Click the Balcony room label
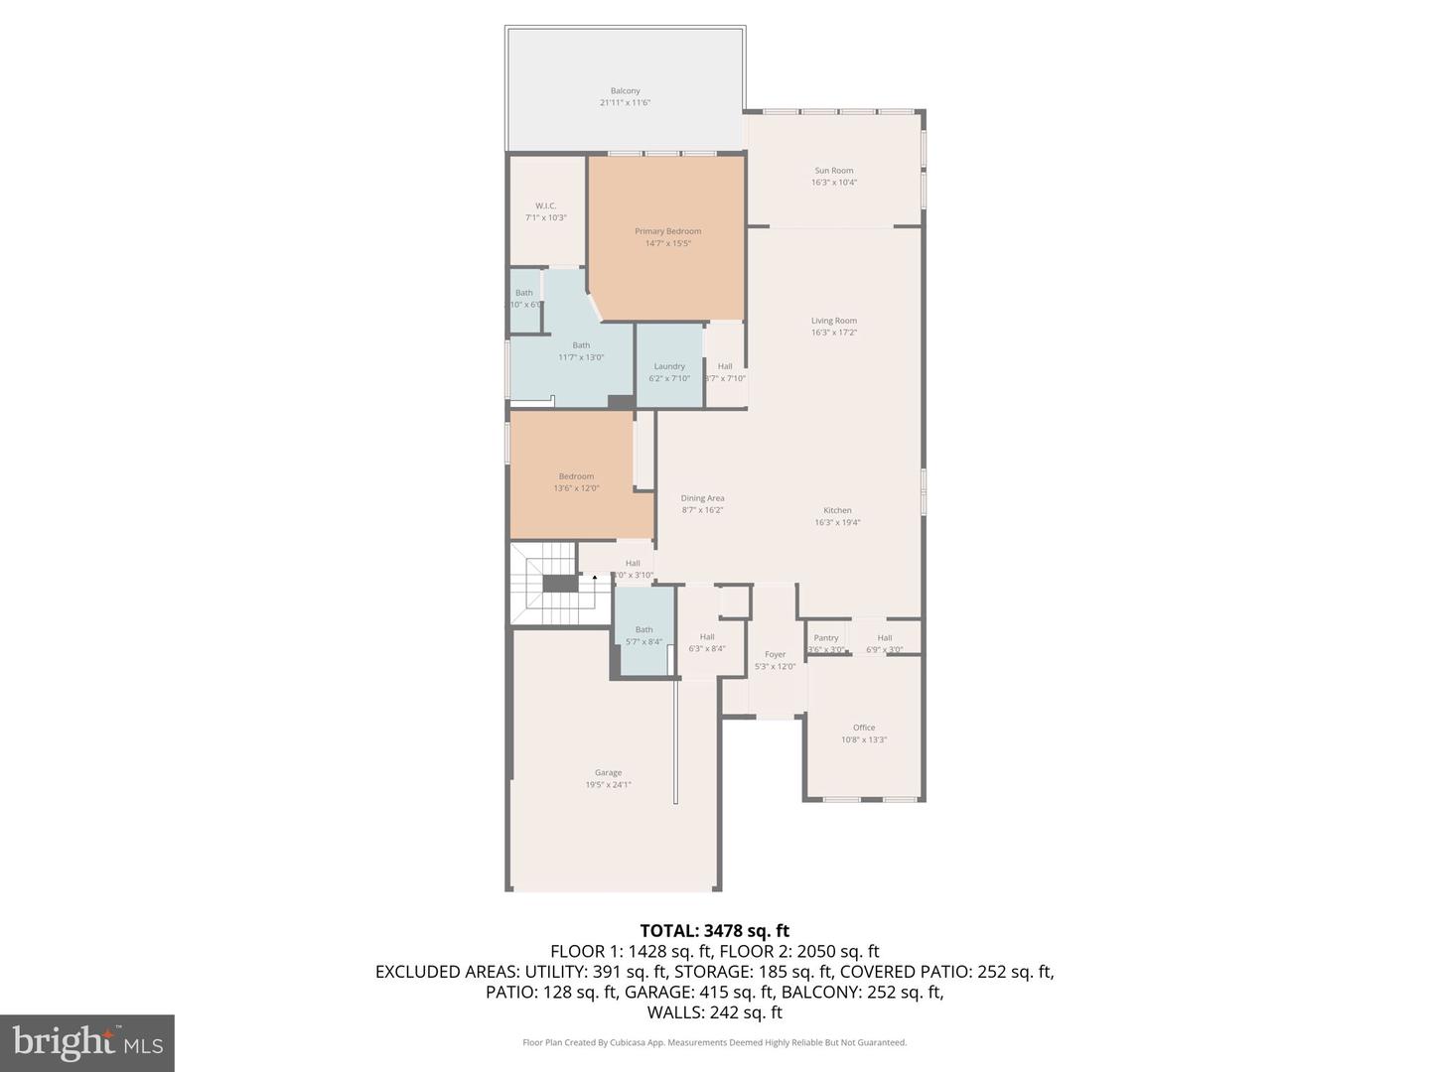coord(625,91)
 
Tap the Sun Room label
coord(833,171)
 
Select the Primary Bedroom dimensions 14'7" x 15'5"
coord(667,243)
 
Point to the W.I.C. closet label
coord(545,206)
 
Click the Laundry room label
coord(669,366)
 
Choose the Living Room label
coord(833,321)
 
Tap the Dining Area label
coord(702,498)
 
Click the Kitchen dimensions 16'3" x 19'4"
coord(837,522)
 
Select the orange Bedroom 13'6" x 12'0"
coord(576,482)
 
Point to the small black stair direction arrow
coord(595,577)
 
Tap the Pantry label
coord(826,638)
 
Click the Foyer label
coord(775,655)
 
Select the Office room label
coord(863,728)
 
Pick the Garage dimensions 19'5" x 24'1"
coord(608,785)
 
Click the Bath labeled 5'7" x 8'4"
coord(643,635)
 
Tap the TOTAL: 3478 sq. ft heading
coord(714,931)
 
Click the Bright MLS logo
coord(87,1042)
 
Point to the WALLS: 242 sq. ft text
coord(714,1012)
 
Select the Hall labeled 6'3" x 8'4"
coord(707,643)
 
